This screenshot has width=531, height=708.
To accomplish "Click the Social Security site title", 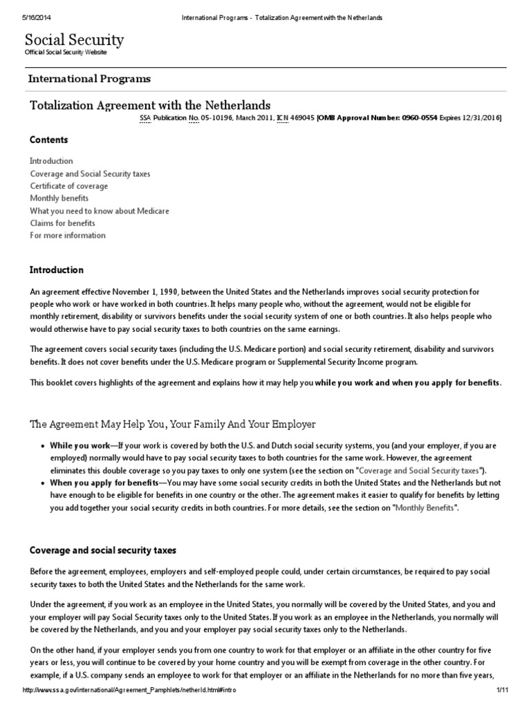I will [x=75, y=40].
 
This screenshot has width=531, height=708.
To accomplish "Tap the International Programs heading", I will [x=89, y=79].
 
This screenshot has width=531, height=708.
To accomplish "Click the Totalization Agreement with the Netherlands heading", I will [x=150, y=105].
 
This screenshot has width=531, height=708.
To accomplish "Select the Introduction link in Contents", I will [x=51, y=161].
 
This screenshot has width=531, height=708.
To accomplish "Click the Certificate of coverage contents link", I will [x=68, y=186].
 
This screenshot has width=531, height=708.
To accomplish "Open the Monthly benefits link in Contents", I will [x=59, y=198].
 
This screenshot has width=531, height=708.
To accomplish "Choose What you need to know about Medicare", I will [x=99, y=211].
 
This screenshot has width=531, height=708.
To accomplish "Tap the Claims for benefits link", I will [x=62, y=223].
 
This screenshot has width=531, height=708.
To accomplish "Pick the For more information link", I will [x=68, y=236].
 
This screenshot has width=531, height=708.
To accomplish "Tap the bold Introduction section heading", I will [x=57, y=270].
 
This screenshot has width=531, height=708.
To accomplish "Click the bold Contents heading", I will [x=48, y=140].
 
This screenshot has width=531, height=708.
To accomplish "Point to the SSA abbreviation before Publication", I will [x=145, y=118].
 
